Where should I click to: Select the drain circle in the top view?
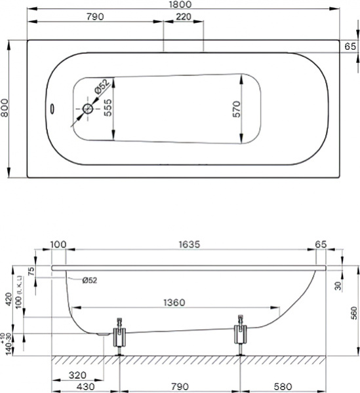87,109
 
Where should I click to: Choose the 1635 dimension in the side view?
189,244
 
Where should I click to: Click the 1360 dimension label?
176,303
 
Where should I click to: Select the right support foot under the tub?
241,335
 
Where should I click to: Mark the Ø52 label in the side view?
90,280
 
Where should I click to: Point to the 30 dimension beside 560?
336,285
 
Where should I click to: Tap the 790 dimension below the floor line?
180,387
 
